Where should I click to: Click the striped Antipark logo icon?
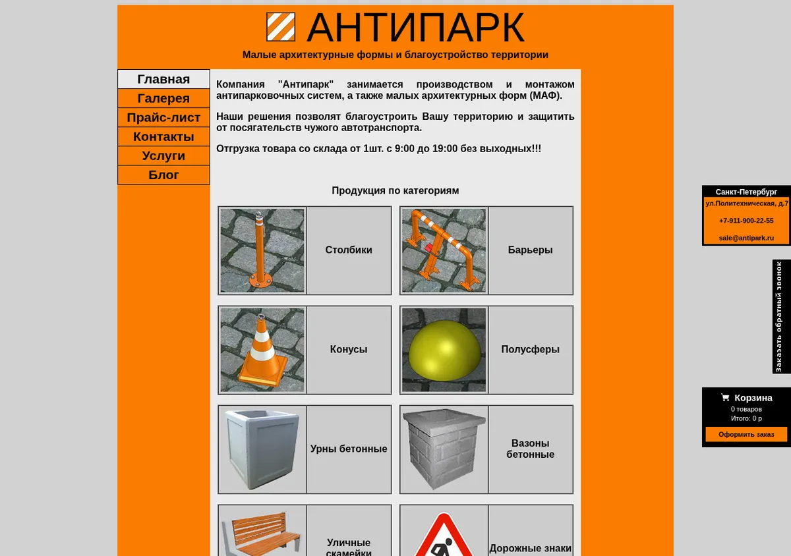point(281,27)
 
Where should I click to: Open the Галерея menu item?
point(163,98)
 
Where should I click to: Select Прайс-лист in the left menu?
point(163,117)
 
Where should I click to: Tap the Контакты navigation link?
point(163,136)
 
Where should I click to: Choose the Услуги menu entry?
point(163,155)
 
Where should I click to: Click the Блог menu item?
point(163,175)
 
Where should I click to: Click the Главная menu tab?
point(163,79)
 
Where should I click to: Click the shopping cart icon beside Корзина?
point(725,397)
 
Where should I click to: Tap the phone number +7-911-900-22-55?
point(746,221)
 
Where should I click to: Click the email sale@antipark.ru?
point(746,238)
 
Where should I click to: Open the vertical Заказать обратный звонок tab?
point(782,317)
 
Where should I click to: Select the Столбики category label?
point(349,250)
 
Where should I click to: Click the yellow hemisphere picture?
point(444,350)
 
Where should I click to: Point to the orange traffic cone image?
point(262,350)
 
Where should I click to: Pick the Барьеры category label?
point(530,250)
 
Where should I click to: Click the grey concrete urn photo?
point(262,449)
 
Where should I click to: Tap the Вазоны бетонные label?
point(530,449)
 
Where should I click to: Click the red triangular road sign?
point(444,534)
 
